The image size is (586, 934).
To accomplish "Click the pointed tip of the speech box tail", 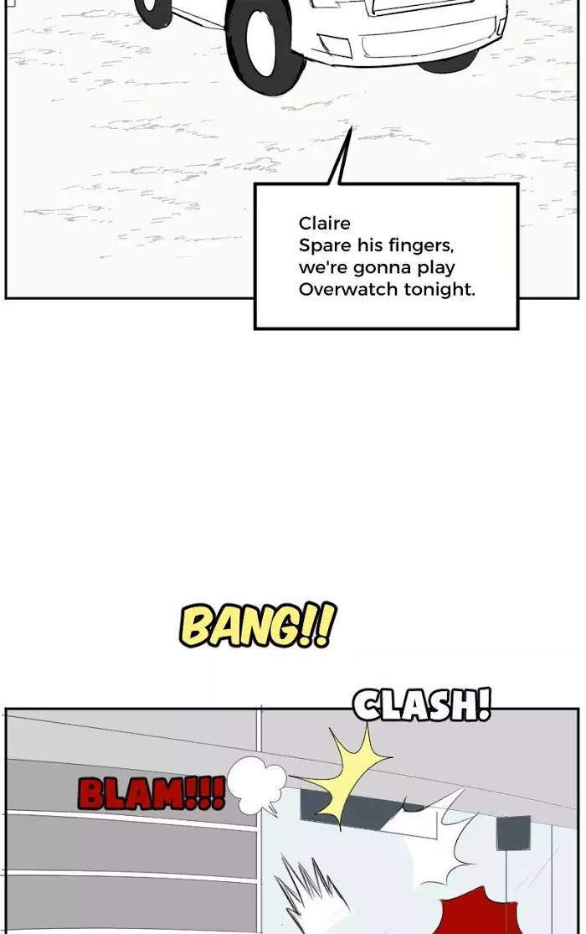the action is [x=352, y=126].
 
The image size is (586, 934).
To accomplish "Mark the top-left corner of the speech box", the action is [x=254, y=184].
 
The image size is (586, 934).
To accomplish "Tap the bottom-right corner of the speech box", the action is [x=518, y=328].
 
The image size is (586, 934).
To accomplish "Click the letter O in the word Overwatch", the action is [x=306, y=290].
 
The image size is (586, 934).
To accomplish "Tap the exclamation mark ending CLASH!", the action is [x=484, y=704].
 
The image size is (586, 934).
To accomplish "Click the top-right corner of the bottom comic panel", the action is [x=578, y=709].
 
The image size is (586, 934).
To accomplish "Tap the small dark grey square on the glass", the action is [x=513, y=833].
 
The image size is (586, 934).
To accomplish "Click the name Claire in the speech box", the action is [x=325, y=224].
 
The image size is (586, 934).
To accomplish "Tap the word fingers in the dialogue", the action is [x=421, y=246].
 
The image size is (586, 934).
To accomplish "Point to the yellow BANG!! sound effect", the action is [x=257, y=625].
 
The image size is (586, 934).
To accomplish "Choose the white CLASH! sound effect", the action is [x=422, y=704].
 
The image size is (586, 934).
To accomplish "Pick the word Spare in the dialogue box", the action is [x=325, y=246].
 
